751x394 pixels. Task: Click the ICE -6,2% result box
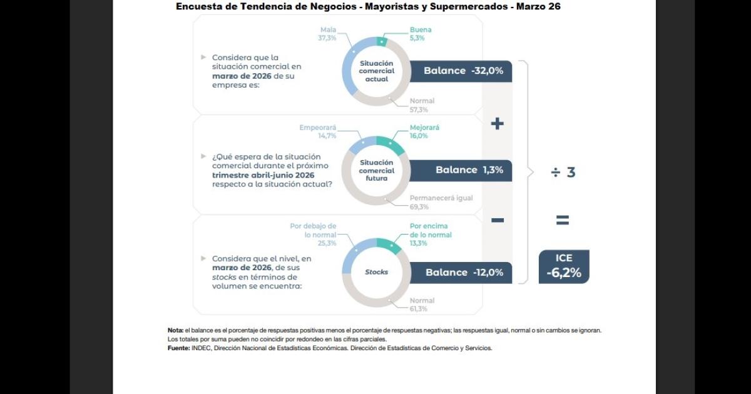(564, 266)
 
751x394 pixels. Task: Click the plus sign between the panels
(497, 124)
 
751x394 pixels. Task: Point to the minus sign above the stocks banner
(497, 220)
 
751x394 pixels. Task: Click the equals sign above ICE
(563, 220)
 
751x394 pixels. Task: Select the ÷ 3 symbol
(563, 173)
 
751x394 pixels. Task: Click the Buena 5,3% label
(421, 34)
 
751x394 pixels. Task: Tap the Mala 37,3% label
(329, 34)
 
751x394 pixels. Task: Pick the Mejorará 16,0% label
(424, 131)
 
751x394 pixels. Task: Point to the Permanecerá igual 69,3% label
(441, 202)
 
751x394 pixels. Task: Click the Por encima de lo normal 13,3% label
(430, 235)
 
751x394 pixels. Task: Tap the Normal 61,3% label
(422, 305)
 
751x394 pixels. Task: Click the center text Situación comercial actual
(377, 71)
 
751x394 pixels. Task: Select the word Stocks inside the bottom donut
(377, 272)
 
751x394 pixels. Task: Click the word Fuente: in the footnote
(178, 348)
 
